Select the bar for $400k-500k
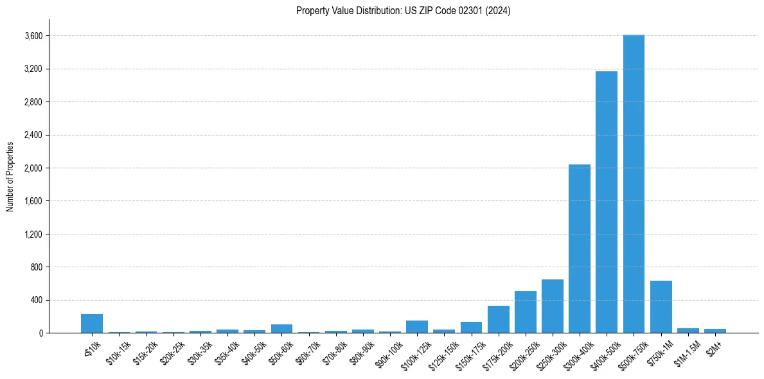click(x=607, y=202)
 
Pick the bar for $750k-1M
click(x=661, y=307)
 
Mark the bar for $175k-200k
click(x=499, y=319)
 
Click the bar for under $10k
click(x=92, y=324)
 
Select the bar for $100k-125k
click(x=417, y=327)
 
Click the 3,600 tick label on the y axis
click(x=33, y=36)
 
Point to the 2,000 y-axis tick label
click(x=33, y=168)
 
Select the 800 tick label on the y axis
click(x=36, y=267)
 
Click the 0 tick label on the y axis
click(x=40, y=333)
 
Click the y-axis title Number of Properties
click(x=10, y=177)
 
